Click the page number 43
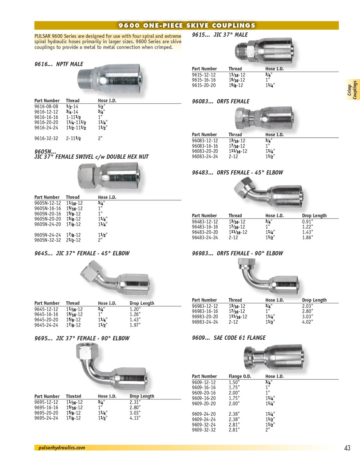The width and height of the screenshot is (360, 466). click(347, 448)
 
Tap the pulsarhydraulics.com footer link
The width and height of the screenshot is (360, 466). click(62, 448)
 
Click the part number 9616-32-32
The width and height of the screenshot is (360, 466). click(46, 138)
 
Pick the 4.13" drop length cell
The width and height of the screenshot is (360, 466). click(135, 418)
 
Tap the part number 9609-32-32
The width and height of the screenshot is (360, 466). click(204, 430)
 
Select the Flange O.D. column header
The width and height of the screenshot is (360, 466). click(240, 376)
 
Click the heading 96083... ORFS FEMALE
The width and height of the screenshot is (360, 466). click(221, 102)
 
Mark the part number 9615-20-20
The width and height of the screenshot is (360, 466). click(204, 85)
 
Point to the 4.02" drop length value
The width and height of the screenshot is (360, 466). click(308, 322)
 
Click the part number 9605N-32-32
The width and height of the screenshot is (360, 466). click(47, 240)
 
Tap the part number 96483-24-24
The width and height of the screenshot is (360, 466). click(205, 237)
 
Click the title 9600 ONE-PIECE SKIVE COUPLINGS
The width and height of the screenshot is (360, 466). click(186, 25)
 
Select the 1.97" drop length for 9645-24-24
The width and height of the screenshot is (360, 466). click(135, 325)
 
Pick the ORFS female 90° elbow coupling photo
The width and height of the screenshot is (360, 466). click(268, 277)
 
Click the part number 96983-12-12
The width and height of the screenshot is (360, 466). click(205, 306)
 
